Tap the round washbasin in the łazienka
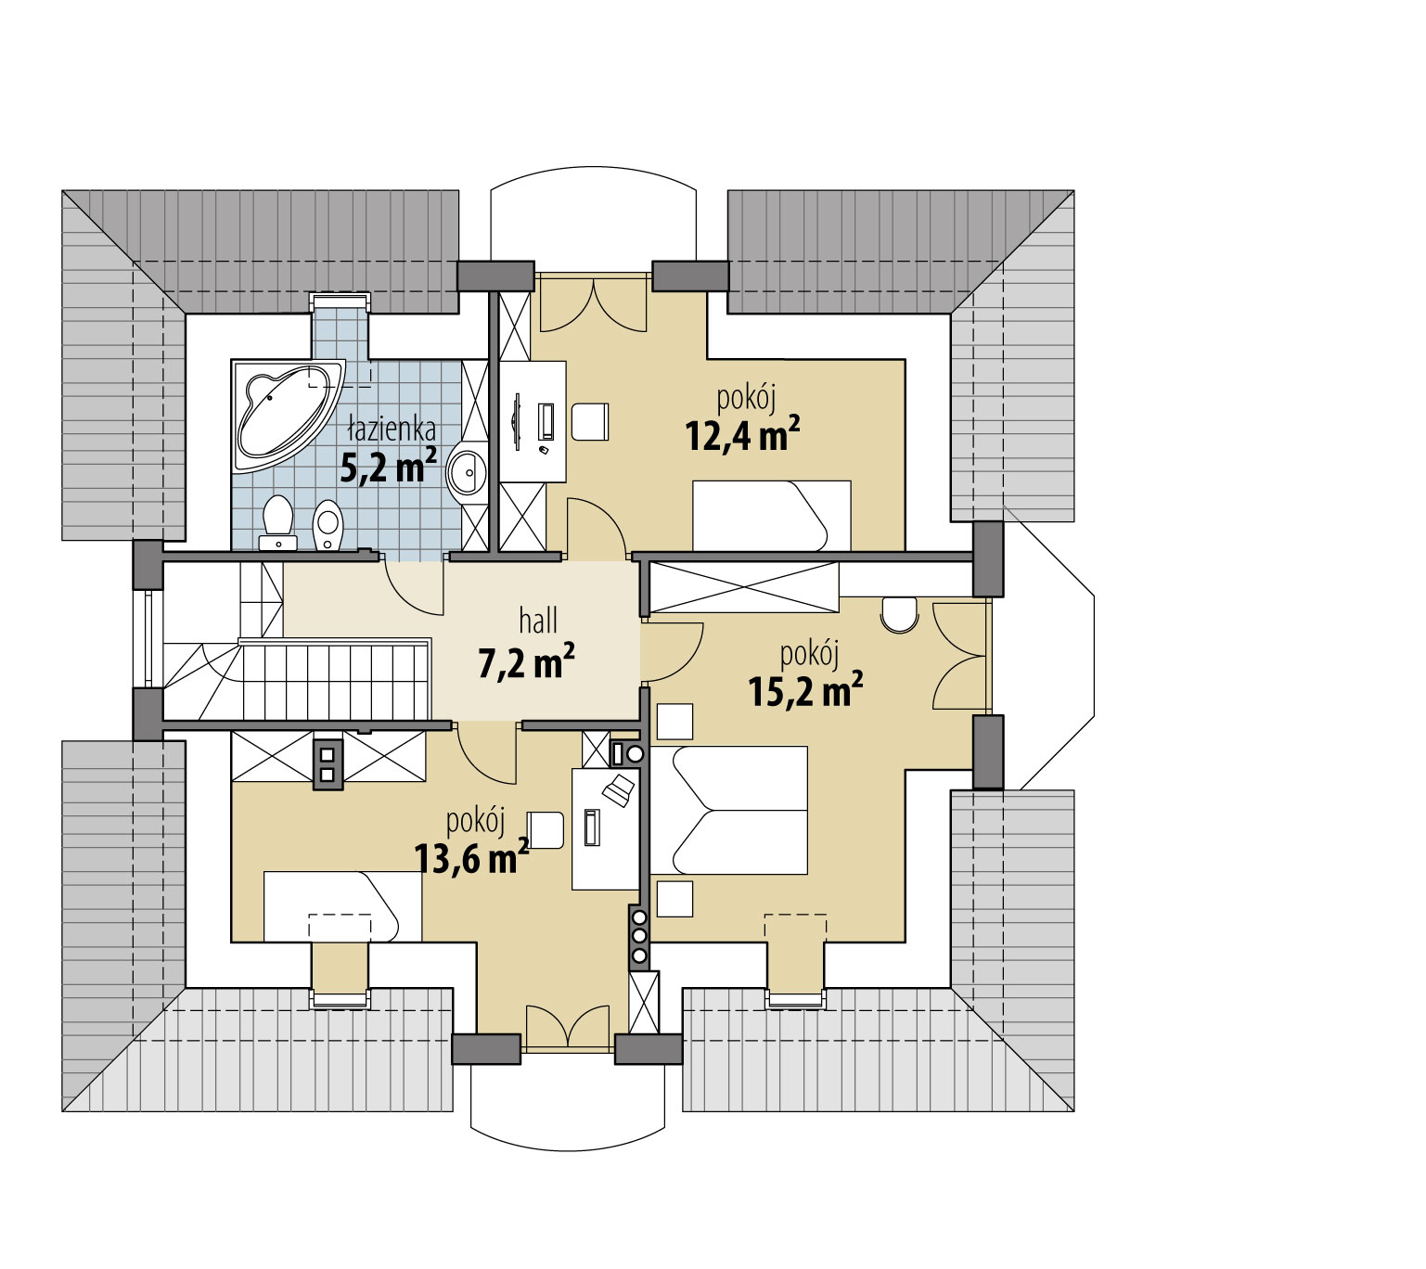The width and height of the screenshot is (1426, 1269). [466, 468]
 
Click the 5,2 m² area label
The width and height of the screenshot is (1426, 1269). [388, 466]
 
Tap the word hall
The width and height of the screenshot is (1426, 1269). [538, 621]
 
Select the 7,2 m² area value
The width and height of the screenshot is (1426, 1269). [526, 660]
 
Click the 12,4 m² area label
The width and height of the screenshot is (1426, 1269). [742, 434]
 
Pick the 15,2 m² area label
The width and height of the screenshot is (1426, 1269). [804, 690]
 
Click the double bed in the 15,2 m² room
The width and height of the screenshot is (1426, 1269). [727, 810]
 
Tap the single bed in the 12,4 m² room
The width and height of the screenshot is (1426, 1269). [771, 515]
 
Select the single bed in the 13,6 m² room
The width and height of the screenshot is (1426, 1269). [342, 905]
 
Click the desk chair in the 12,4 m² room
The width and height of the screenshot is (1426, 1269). [589, 421]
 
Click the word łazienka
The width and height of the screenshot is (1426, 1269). [392, 428]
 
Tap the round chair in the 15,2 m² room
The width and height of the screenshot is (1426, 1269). [900, 614]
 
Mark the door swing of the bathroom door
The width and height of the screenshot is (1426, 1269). [414, 586]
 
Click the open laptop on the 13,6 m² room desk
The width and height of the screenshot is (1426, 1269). [617, 789]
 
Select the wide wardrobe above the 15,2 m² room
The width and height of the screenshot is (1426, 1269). [744, 587]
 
